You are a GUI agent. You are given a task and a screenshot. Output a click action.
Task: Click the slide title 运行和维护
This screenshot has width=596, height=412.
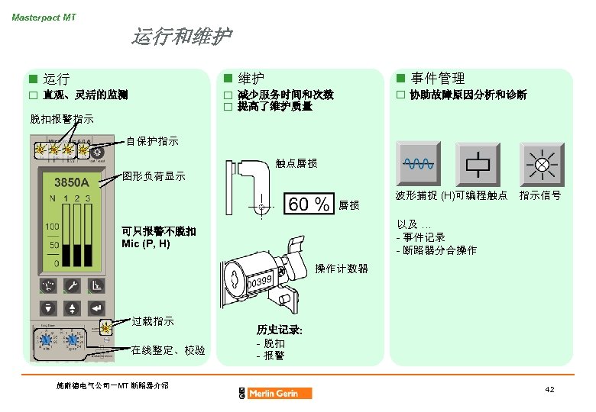(181, 37)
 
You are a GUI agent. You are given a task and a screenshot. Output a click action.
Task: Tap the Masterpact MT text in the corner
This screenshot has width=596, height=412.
(44, 17)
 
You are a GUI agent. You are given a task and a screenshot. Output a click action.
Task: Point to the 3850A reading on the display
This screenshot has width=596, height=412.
(72, 183)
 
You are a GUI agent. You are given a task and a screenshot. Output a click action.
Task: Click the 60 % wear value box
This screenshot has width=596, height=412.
(309, 204)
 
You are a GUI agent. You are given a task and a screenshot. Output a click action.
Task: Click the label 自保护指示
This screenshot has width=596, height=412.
(152, 141)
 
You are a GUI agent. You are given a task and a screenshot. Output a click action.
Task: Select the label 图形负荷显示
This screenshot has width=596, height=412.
(154, 176)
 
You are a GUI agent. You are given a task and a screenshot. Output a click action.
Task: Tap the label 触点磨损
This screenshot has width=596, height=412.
(296, 163)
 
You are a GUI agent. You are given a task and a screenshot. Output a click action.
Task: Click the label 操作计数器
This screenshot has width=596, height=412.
(342, 269)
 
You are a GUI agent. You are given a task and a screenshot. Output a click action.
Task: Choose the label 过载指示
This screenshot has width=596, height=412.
(153, 321)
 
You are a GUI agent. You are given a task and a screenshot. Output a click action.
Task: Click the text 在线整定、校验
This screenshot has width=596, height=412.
(168, 350)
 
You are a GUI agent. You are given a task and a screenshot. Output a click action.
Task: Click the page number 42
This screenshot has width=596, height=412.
(549, 390)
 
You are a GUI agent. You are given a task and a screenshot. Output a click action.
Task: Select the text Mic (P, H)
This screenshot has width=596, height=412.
(145, 243)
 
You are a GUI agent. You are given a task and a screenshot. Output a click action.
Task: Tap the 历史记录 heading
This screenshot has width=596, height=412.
(280, 330)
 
